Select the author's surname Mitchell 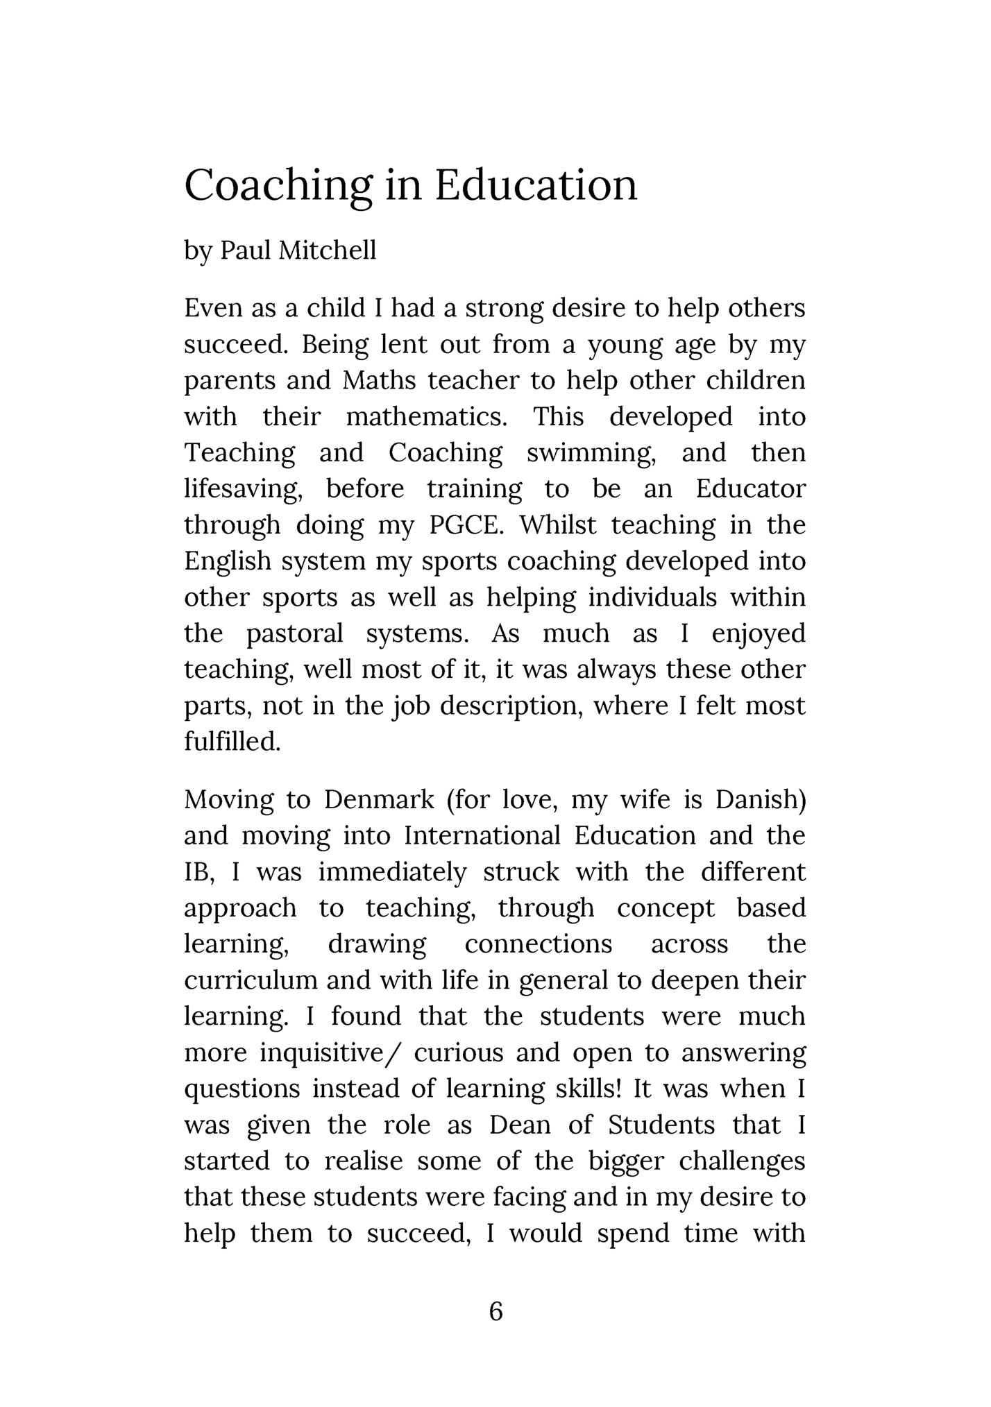(327, 250)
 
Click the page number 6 (495, 1311)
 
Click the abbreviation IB (198, 872)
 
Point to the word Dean (520, 1125)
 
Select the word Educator (751, 489)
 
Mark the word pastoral (295, 633)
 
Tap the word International (482, 835)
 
